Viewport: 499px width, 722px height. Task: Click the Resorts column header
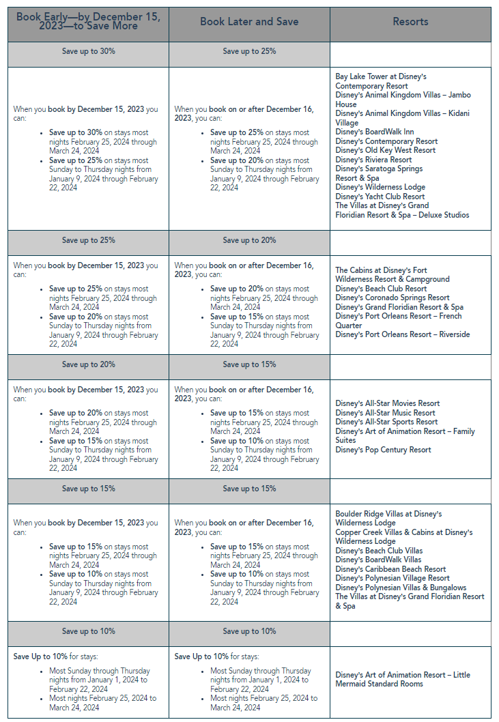click(410, 22)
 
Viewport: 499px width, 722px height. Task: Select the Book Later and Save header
click(249, 22)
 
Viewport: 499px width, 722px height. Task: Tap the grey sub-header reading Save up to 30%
click(88, 51)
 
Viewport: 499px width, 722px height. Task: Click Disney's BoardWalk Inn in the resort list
click(375, 132)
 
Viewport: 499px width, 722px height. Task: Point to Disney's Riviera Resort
click(373, 160)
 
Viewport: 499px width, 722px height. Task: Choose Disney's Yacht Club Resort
click(380, 197)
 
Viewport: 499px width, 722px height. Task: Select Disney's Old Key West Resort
click(385, 150)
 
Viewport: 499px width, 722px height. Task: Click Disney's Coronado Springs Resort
click(392, 298)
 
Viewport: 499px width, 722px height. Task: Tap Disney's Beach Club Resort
click(381, 289)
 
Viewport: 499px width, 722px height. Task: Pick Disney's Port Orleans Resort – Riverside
click(402, 334)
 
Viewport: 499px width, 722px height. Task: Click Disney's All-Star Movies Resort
click(387, 403)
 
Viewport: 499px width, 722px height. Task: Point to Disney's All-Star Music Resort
click(385, 413)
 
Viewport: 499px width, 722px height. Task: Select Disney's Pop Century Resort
click(383, 450)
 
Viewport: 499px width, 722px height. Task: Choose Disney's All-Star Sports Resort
click(386, 422)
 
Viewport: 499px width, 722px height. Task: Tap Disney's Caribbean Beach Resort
click(391, 569)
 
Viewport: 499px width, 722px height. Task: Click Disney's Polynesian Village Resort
click(393, 578)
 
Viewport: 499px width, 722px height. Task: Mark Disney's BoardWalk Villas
click(378, 560)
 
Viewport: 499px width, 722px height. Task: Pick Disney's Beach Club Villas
click(379, 551)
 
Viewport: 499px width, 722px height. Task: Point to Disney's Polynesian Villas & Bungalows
click(401, 588)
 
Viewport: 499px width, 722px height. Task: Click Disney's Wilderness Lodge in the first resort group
click(380, 187)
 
